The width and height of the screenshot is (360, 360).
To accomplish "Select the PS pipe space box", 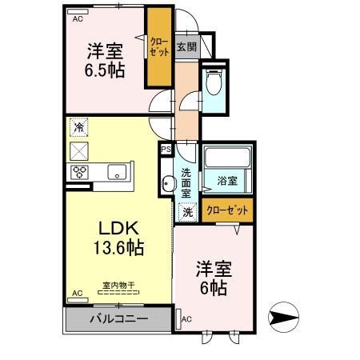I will (x=166, y=149).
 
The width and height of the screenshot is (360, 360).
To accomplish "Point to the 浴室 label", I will (x=227, y=181).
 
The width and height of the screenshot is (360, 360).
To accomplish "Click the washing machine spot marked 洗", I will (x=186, y=212).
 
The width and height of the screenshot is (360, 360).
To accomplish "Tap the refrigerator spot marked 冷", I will (x=80, y=126).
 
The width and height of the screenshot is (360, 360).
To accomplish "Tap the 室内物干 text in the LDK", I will (x=117, y=286).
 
